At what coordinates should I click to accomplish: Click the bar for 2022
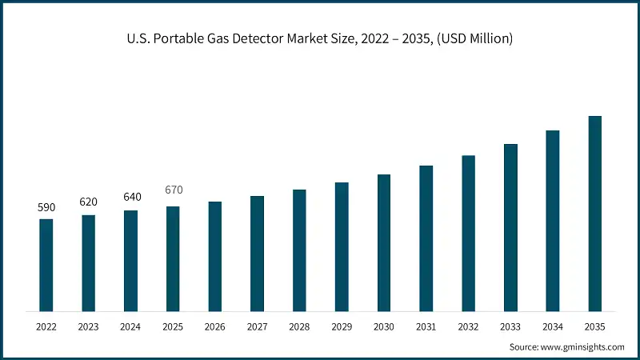click(46, 265)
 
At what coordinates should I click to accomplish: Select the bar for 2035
click(594, 214)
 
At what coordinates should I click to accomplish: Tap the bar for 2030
click(384, 242)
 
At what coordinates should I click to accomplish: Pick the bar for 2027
click(257, 254)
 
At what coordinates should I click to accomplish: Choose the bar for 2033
click(510, 227)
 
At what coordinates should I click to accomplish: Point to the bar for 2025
click(173, 258)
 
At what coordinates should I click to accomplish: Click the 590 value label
click(46, 207)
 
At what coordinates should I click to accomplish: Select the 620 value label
click(88, 202)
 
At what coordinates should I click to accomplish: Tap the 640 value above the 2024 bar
click(130, 198)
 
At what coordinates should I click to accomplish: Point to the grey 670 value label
click(173, 190)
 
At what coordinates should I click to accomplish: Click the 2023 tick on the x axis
click(88, 326)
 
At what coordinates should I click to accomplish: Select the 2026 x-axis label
click(214, 326)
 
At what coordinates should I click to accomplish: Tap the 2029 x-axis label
click(342, 326)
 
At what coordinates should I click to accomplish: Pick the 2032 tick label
click(468, 326)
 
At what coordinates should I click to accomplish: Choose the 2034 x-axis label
click(552, 326)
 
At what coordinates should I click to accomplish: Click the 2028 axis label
click(299, 326)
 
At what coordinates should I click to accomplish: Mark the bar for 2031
click(426, 238)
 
